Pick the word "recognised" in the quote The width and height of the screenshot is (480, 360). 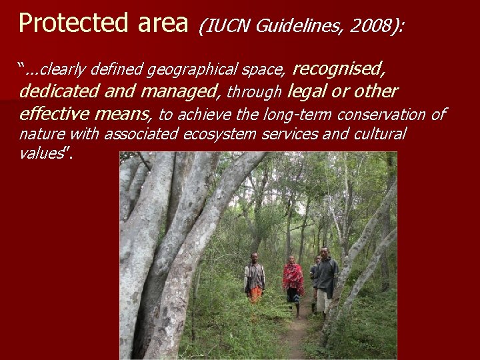coord(339,68)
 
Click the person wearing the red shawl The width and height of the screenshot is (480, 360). coord(293,280)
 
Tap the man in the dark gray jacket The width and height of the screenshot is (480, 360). coord(325,277)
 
